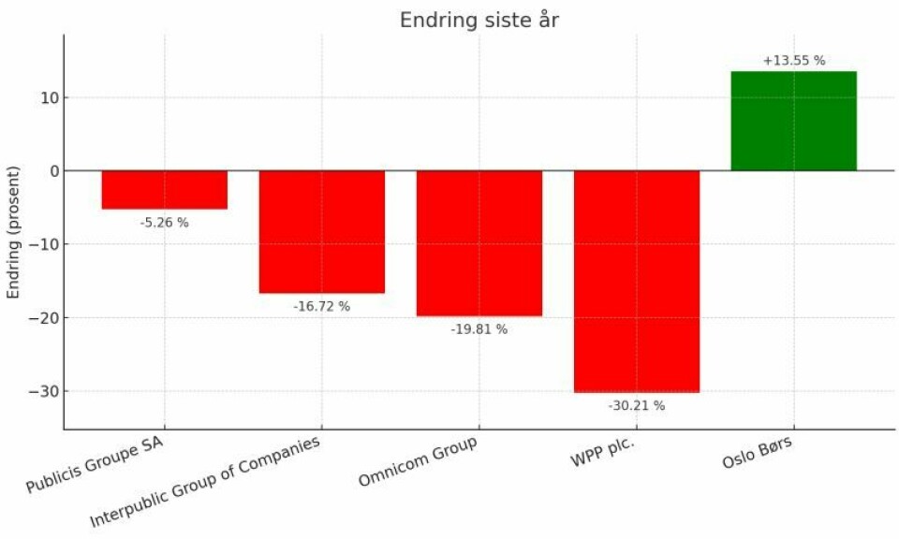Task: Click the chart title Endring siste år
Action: (x=479, y=20)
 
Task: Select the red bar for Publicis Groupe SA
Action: (x=165, y=189)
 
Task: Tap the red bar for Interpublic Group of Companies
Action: (x=321, y=231)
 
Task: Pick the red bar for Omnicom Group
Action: (x=479, y=242)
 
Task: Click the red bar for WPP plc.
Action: (x=636, y=281)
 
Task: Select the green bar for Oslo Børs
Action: (x=793, y=121)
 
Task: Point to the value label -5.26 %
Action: (x=165, y=223)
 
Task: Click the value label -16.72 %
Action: (x=321, y=307)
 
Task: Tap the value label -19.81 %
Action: (x=479, y=329)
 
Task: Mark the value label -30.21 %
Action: (x=636, y=406)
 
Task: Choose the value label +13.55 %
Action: (x=793, y=61)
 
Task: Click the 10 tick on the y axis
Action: (x=45, y=97)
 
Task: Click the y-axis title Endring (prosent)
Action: (x=14, y=232)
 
